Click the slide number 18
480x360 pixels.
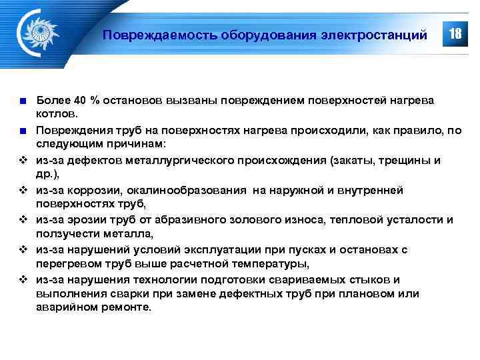point(456,33)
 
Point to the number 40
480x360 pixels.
point(80,101)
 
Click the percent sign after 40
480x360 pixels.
point(95,101)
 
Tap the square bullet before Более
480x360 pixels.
point(23,101)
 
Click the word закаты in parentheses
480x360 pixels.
point(365,160)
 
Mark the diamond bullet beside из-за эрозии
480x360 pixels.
point(23,220)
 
